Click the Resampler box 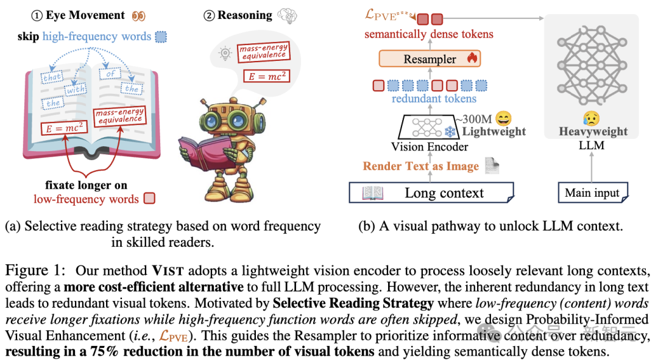(x=426, y=59)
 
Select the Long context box (x=431, y=193)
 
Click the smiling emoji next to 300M (x=503, y=118)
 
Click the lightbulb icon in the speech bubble (x=225, y=54)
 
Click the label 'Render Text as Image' (x=420, y=166)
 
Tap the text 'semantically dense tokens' (x=429, y=35)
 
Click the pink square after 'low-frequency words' (x=148, y=199)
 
